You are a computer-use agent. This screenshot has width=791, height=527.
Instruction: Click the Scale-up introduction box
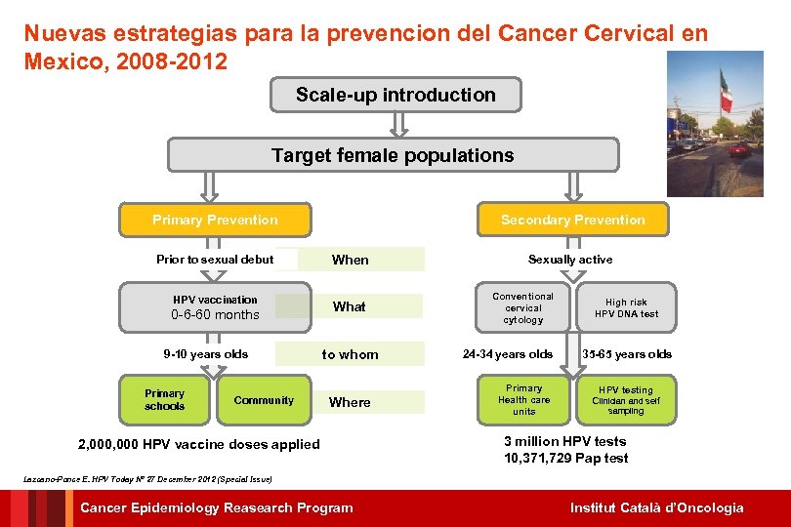(x=395, y=95)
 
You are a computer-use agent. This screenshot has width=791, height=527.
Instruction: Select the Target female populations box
(x=393, y=155)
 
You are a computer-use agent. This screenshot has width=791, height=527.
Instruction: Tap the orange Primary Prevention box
(x=215, y=220)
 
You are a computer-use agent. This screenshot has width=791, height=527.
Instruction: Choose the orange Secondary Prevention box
(x=572, y=220)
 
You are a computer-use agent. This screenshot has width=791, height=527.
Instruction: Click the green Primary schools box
(x=164, y=400)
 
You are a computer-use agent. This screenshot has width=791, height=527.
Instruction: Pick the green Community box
(x=264, y=400)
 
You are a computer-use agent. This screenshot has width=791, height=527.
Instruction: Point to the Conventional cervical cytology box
(x=522, y=308)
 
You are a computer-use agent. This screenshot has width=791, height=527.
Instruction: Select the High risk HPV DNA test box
(x=626, y=308)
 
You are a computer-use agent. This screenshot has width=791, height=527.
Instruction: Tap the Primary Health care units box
(x=523, y=399)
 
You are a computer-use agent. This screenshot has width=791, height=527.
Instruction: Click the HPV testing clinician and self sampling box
(x=626, y=399)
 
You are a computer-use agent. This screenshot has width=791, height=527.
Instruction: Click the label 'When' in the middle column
(x=351, y=260)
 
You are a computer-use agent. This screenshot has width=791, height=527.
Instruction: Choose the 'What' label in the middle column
(x=349, y=306)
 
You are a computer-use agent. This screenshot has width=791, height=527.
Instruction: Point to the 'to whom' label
(x=350, y=354)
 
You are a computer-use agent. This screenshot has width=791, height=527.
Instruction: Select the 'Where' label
(x=350, y=402)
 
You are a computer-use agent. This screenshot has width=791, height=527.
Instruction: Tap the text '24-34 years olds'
(x=508, y=354)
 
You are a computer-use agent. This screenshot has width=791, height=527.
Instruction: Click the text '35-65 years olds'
(x=627, y=354)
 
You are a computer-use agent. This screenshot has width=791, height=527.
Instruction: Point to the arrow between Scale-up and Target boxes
(x=397, y=124)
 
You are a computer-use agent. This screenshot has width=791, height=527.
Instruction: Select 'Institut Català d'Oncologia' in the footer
(x=656, y=507)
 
